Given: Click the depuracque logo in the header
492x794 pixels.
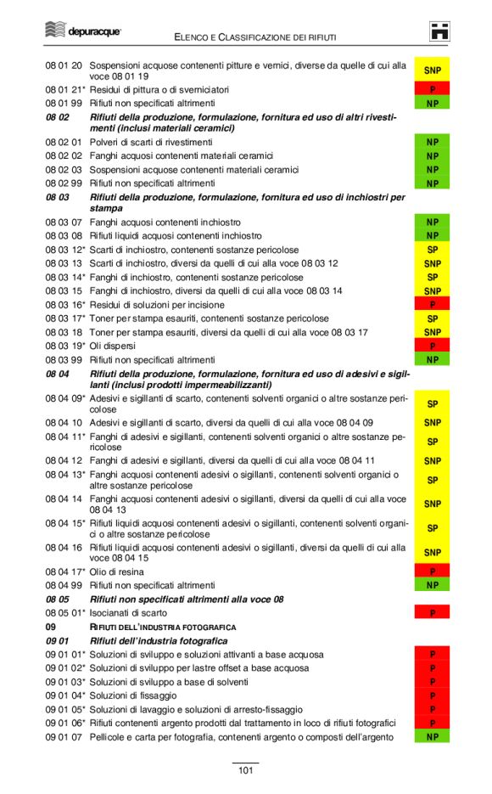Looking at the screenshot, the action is [x=82, y=31].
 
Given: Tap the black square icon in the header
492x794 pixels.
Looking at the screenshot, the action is [x=439, y=31].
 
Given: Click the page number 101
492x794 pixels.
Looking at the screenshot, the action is [x=245, y=770].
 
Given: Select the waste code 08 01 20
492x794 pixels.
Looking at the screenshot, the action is [x=64, y=65].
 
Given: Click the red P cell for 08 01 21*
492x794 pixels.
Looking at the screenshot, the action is [x=432, y=89].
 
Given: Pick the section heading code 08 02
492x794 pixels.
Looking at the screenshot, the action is [x=57, y=116].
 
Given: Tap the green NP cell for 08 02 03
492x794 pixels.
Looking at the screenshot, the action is [x=432, y=170].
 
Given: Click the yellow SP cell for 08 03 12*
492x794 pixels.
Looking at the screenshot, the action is [x=432, y=251].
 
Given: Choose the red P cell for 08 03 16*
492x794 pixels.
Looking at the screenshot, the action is [x=432, y=304].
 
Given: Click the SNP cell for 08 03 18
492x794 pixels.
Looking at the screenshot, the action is [x=432, y=332].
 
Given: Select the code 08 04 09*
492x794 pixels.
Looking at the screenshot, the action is [x=65, y=397].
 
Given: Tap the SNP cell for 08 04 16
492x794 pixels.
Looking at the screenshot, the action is [x=432, y=552].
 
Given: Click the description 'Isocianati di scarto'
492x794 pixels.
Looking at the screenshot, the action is [x=128, y=612].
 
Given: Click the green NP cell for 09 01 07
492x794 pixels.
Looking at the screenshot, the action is [x=432, y=736].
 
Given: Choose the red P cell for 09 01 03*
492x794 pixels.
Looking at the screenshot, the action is [x=432, y=682].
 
